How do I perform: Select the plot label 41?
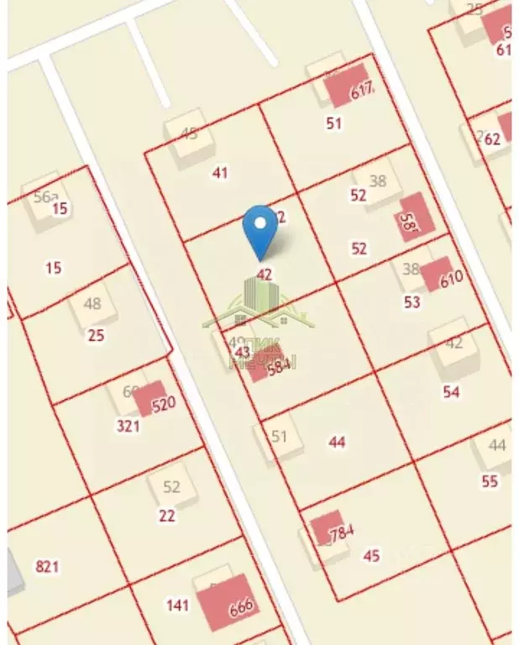[x=220, y=173]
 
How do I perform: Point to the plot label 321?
[x=128, y=426]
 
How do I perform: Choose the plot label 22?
[x=167, y=516]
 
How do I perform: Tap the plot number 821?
[x=48, y=566]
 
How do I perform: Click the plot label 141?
[x=177, y=605]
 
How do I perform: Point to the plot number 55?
[x=490, y=481]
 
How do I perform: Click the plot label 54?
[x=451, y=391]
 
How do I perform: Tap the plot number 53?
[x=412, y=302]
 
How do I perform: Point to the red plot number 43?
[x=243, y=352]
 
